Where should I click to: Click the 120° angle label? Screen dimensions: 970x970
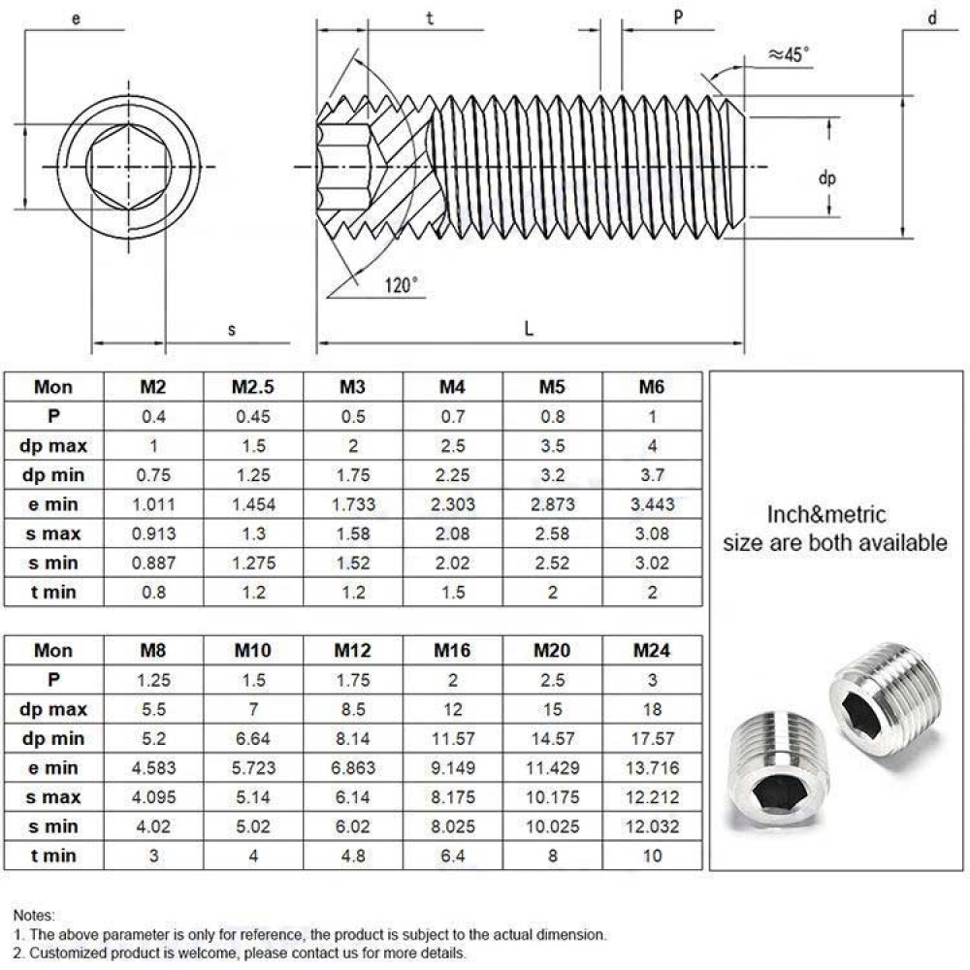(x=401, y=284)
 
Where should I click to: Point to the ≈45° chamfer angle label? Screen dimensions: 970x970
(x=787, y=55)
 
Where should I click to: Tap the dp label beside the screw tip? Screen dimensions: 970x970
(x=826, y=178)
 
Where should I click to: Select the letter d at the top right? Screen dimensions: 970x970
(x=932, y=16)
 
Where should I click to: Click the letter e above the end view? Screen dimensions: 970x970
(x=76, y=16)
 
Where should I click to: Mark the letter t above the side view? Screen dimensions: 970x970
(x=429, y=16)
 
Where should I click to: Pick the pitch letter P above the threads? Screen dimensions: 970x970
(x=679, y=16)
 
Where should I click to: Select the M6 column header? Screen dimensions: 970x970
(x=652, y=386)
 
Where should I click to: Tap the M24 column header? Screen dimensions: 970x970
(x=652, y=650)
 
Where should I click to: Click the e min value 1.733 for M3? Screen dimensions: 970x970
(x=352, y=504)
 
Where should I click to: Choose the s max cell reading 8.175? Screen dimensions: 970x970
(x=453, y=797)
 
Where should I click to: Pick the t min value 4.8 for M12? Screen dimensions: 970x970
(x=352, y=856)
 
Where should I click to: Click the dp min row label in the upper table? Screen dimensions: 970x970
(x=53, y=475)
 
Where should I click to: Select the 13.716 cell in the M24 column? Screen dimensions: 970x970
(x=652, y=768)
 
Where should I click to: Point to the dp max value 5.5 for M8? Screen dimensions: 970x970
(x=153, y=709)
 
